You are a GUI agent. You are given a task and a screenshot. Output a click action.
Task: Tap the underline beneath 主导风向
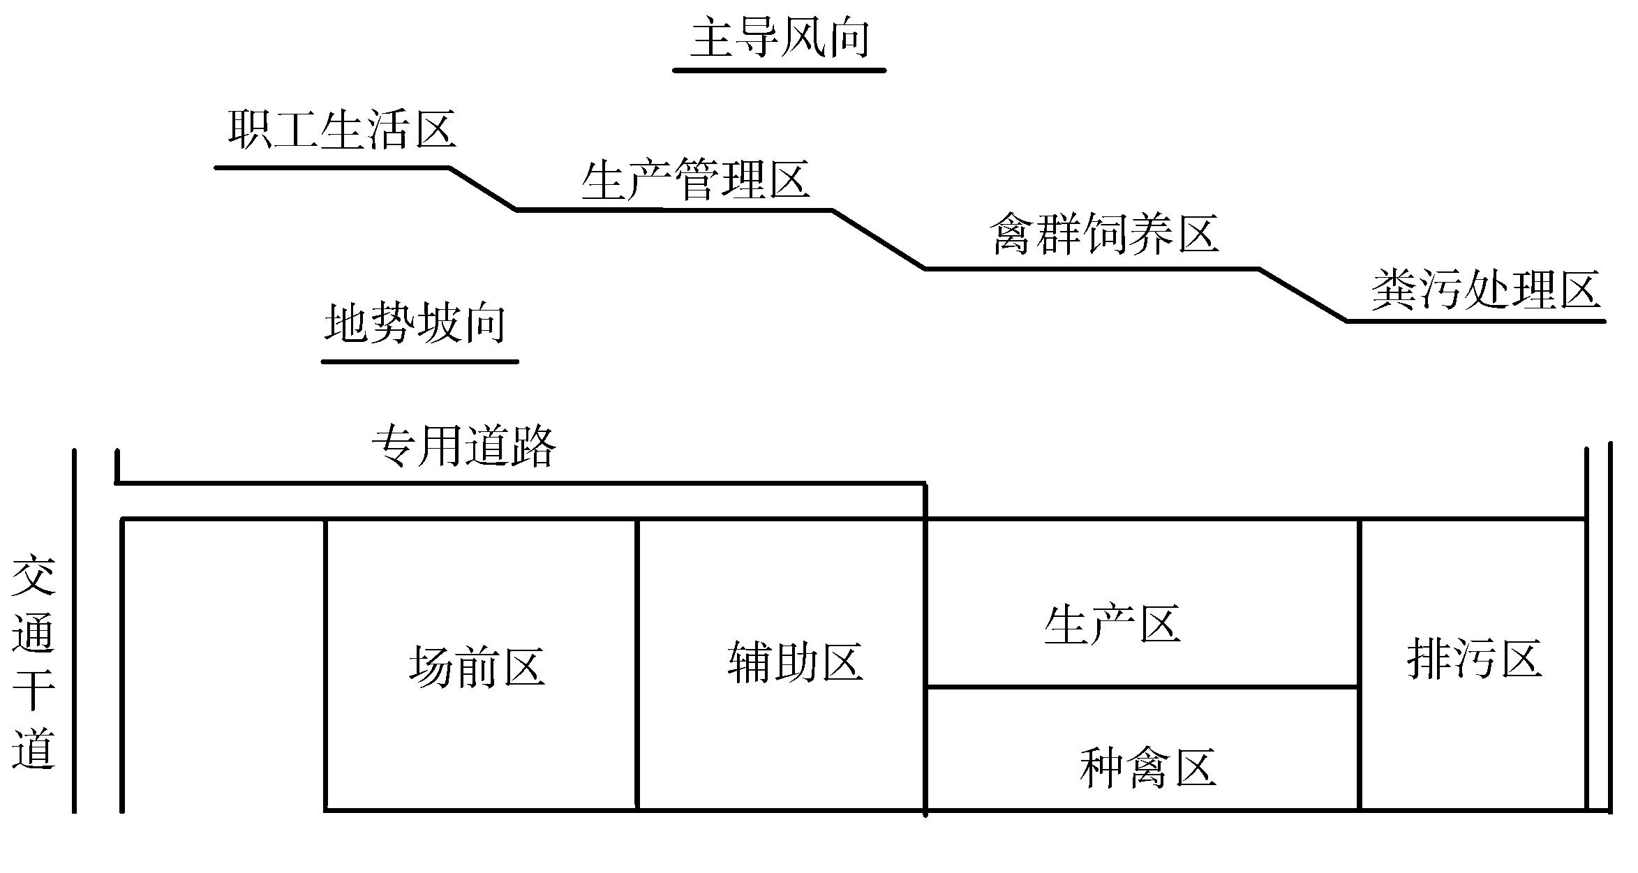[x=779, y=70]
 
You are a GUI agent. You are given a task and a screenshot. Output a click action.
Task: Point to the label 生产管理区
[x=695, y=180]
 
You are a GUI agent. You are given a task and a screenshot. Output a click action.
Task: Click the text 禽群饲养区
[x=1103, y=234]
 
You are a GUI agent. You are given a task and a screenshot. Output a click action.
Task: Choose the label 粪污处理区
[x=1485, y=290]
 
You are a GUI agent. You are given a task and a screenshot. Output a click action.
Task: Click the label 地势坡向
[x=415, y=324]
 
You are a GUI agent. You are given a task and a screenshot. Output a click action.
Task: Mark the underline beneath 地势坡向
[x=419, y=361]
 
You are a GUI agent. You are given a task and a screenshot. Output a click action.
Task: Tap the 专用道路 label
[x=463, y=445]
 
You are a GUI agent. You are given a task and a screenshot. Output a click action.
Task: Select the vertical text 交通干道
[x=33, y=661]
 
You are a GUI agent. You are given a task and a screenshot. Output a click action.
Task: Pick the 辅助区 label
[x=795, y=662]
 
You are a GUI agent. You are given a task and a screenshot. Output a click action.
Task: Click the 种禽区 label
[x=1147, y=768]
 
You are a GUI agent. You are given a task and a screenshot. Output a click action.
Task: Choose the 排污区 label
[x=1473, y=659]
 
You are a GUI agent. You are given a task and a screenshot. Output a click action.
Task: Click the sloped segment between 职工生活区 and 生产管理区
[x=482, y=188]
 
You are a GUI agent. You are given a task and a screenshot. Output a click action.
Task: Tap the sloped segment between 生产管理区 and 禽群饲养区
[x=879, y=239]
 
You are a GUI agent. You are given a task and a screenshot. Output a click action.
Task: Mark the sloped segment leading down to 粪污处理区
[x=1303, y=294]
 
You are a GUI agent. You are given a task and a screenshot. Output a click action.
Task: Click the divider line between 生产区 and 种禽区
[x=1142, y=687]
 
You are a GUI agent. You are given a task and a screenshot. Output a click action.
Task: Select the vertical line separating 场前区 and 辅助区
[x=637, y=663]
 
